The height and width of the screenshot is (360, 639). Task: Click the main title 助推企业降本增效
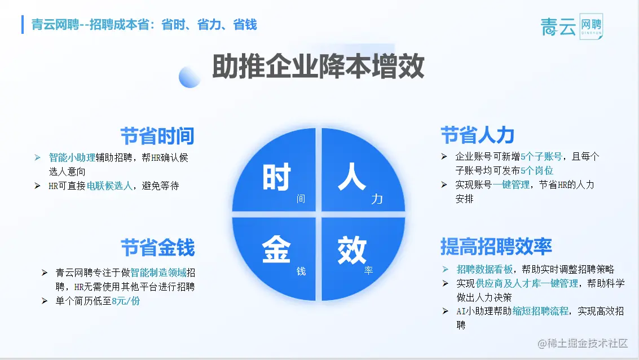pyautogui.click(x=318, y=66)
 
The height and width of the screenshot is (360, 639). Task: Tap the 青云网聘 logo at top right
pyautogui.click(x=572, y=27)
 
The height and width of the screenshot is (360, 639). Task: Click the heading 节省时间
pyautogui.click(x=157, y=136)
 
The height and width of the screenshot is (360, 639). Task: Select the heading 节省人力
pyautogui.click(x=477, y=135)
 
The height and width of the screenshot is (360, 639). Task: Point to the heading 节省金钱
pyautogui.click(x=158, y=248)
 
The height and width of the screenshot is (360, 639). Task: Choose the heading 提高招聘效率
pyautogui.click(x=496, y=246)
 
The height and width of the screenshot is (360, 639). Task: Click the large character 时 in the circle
pyautogui.click(x=276, y=177)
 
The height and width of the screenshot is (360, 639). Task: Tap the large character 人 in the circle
pyautogui.click(x=352, y=177)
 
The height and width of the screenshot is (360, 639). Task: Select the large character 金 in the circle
pyautogui.click(x=276, y=249)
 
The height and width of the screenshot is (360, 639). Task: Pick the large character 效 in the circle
pyautogui.click(x=352, y=251)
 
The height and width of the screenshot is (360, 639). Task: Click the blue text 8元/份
pyautogui.click(x=126, y=301)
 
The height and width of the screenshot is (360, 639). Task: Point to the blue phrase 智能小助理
pyautogui.click(x=72, y=157)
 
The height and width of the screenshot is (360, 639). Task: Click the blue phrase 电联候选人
pyautogui.click(x=109, y=186)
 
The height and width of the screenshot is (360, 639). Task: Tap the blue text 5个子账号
pyautogui.click(x=541, y=156)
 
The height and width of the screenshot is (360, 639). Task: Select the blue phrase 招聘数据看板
pyautogui.click(x=484, y=269)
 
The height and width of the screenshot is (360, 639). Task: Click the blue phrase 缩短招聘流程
pyautogui.click(x=540, y=311)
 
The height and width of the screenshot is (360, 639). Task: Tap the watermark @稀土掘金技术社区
pyautogui.click(x=583, y=343)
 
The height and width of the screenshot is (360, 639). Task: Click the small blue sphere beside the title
pyautogui.click(x=190, y=77)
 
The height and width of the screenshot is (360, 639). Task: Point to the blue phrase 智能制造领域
pyautogui.click(x=158, y=273)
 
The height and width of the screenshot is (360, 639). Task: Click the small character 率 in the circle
pyautogui.click(x=368, y=270)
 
